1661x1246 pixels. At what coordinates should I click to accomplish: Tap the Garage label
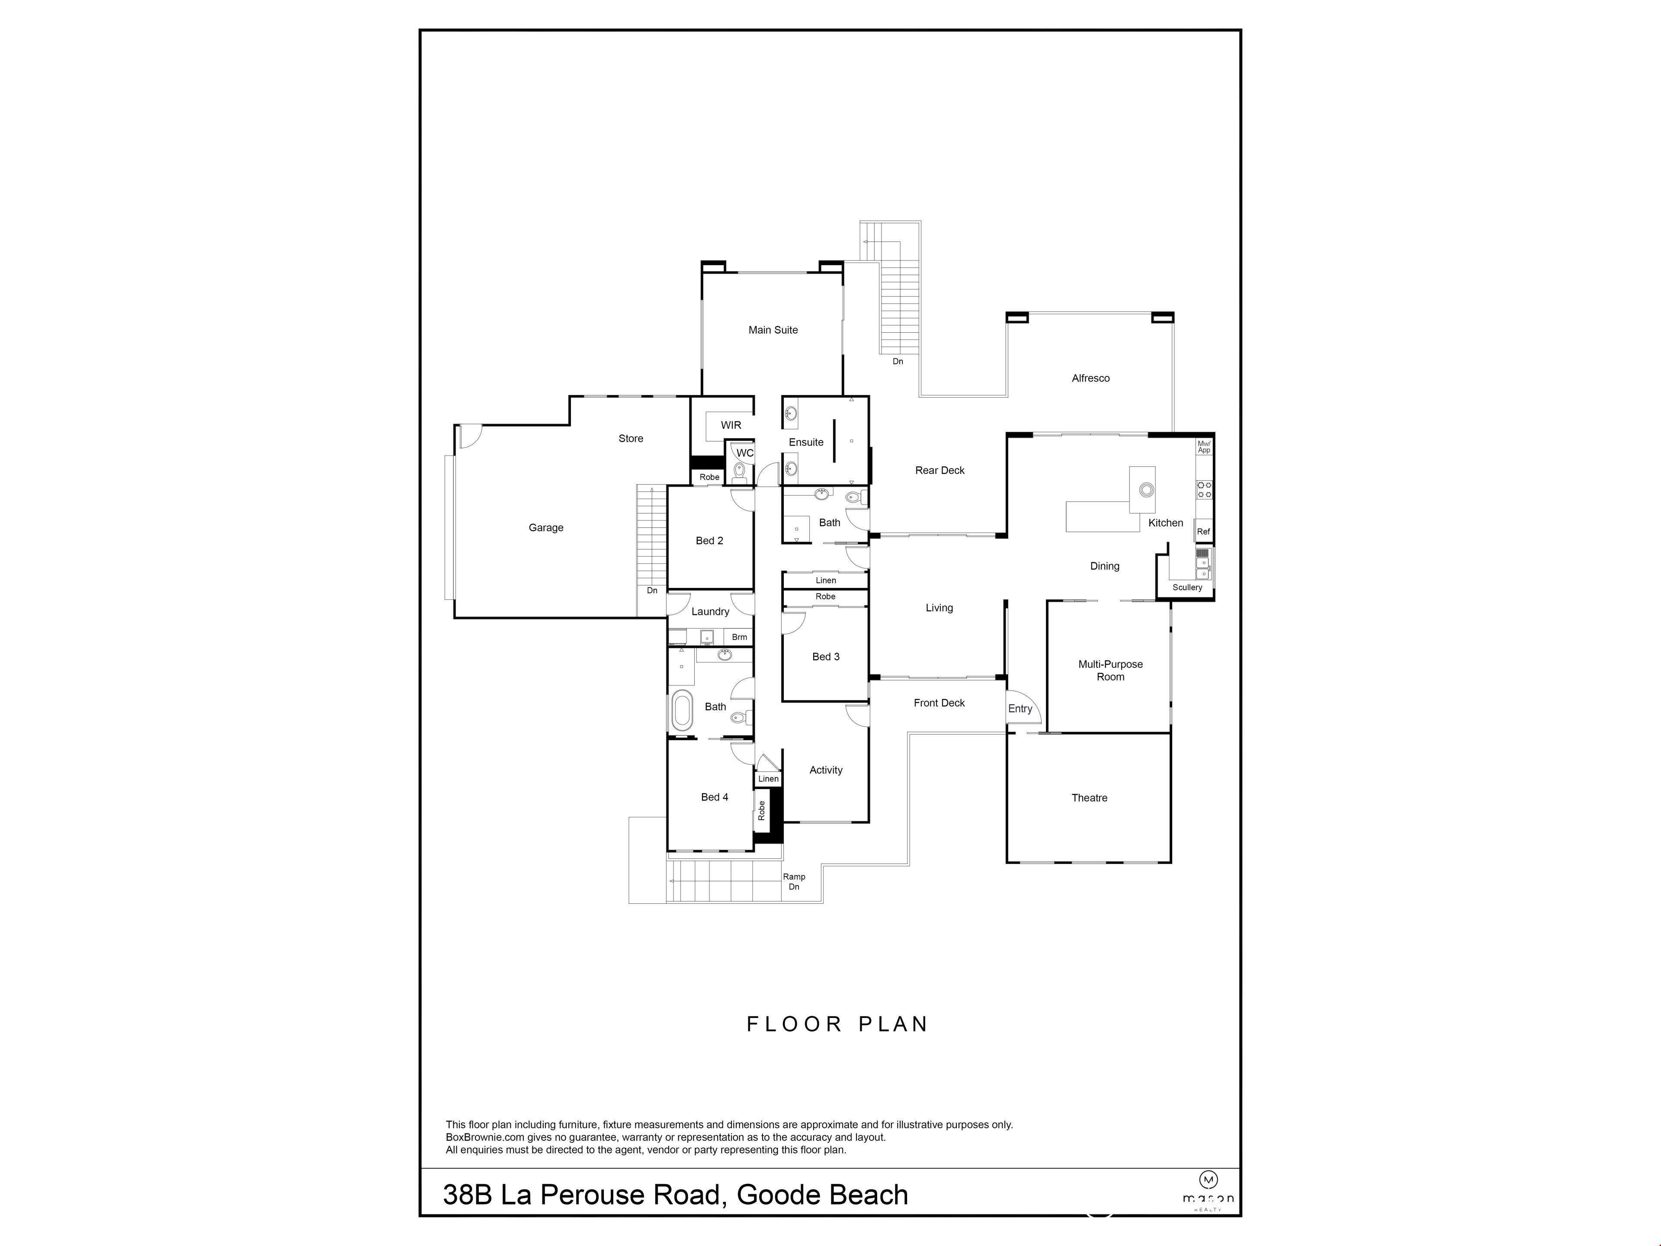[546, 528]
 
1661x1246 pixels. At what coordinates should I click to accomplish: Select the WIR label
[731, 425]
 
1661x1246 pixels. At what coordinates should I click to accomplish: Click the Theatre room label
[1089, 798]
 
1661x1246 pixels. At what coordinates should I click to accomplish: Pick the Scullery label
[1187, 588]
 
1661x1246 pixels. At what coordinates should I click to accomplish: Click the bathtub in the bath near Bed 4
[682, 710]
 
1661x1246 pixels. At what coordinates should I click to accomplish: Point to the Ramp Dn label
[794, 882]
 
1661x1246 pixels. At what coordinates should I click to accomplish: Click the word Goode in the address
[776, 1195]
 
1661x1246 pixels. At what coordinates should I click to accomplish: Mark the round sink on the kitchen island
[1146, 490]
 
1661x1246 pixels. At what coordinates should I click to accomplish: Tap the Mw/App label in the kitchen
[1204, 447]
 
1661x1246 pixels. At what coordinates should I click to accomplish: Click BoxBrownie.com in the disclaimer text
[485, 1137]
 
